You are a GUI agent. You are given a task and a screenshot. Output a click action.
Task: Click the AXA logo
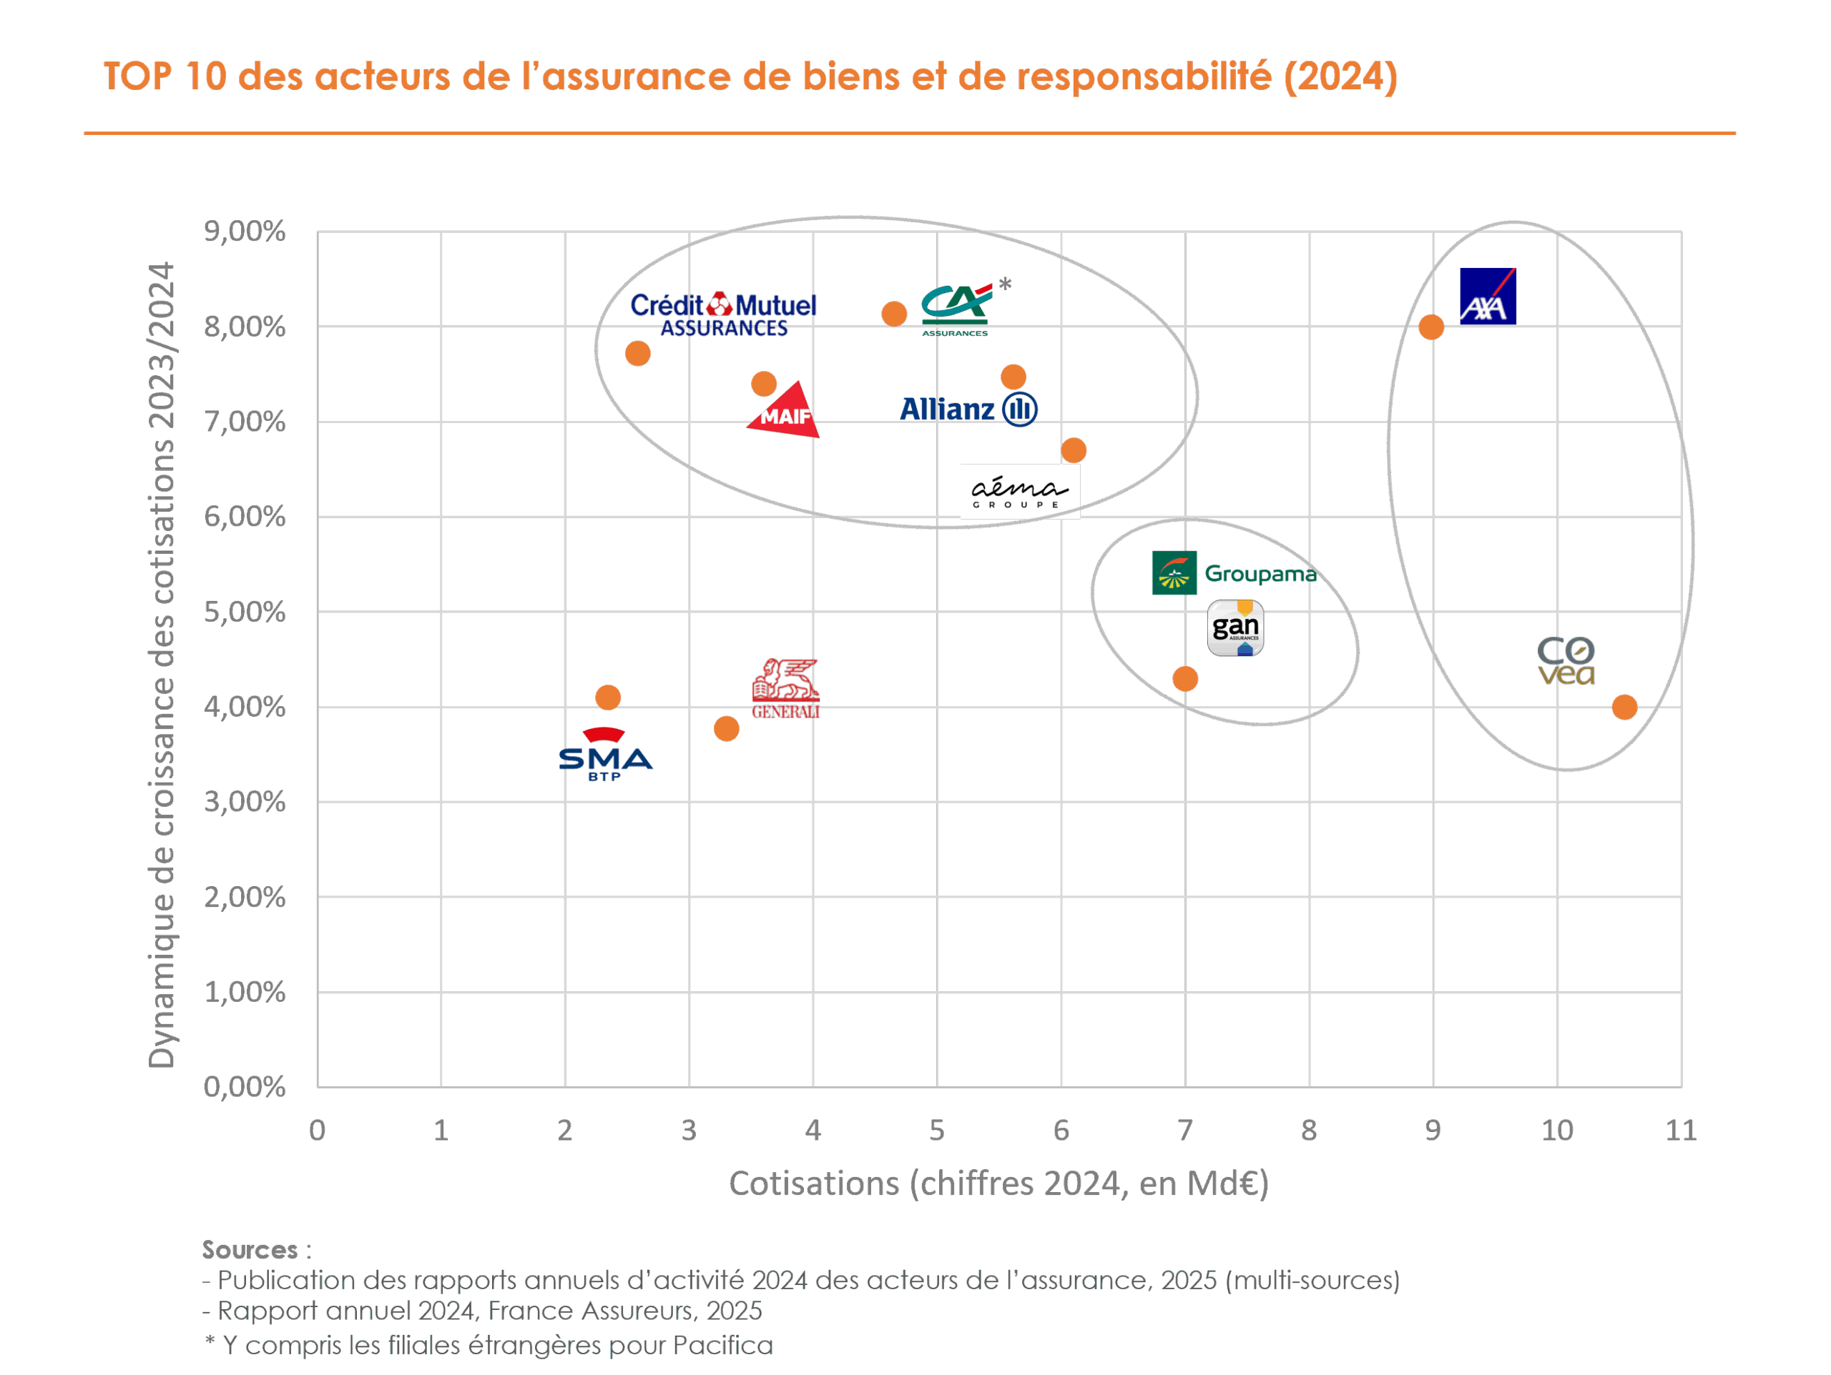[x=1487, y=296]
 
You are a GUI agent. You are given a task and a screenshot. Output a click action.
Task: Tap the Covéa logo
[x=1565, y=661]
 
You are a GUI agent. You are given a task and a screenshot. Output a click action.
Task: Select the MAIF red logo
[x=783, y=411]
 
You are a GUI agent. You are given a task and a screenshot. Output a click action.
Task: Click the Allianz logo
[x=968, y=409]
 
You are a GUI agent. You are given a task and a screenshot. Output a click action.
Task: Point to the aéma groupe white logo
[x=1019, y=492]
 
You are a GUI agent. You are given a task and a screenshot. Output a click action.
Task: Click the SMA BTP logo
[x=605, y=755]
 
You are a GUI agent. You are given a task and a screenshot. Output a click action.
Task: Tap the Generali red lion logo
[x=785, y=687]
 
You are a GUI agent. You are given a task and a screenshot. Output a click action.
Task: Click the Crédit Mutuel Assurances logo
[x=722, y=314]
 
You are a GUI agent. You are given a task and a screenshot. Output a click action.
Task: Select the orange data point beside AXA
[x=1431, y=327]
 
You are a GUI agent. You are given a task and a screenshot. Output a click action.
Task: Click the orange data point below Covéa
[x=1624, y=708]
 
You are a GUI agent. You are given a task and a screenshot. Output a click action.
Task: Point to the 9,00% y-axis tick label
[x=244, y=232]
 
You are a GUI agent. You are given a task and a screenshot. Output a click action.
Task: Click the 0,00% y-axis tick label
[x=244, y=1086]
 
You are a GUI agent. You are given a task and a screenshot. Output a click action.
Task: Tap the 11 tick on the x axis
[x=1680, y=1130]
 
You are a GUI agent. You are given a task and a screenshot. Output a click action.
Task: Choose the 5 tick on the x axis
[x=936, y=1130]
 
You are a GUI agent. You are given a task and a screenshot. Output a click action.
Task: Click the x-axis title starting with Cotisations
[x=998, y=1183]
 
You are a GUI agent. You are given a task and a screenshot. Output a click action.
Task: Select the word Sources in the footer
[x=249, y=1249]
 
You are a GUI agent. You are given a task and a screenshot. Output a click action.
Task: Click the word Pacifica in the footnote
[x=722, y=1344]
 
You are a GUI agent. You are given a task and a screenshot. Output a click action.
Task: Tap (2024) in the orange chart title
[x=1340, y=76]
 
